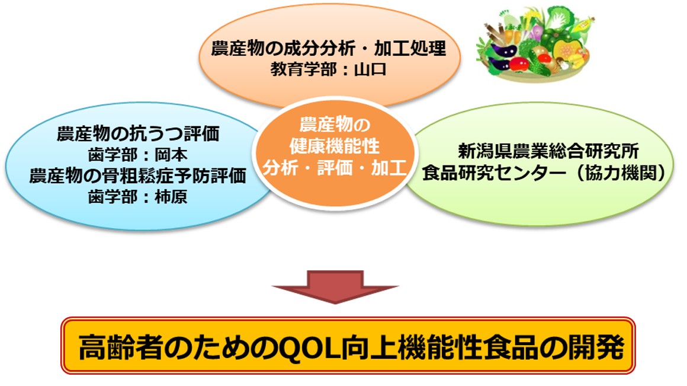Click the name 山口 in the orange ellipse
(370, 69)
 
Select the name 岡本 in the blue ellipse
(171, 154)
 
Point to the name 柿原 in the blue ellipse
(171, 196)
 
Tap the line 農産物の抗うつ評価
(138, 134)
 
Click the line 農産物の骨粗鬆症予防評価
(137, 176)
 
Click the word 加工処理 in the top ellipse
(410, 48)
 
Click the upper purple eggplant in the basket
(504, 50)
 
